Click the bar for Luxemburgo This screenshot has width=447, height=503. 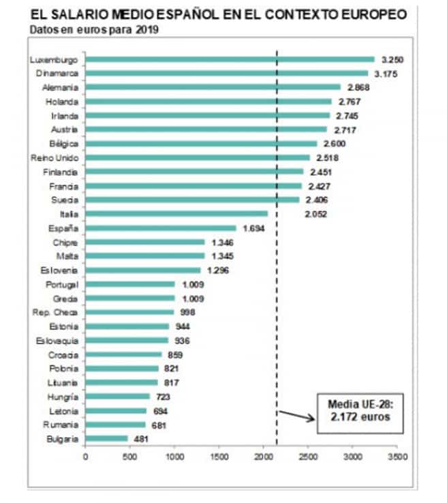point(230,59)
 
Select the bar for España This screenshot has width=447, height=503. point(161,228)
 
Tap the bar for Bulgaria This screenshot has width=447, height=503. point(106,438)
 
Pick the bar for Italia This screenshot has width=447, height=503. point(176,213)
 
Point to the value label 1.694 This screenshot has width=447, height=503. point(253,228)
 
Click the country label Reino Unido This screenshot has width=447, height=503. point(60,157)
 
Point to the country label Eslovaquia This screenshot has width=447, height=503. point(60,340)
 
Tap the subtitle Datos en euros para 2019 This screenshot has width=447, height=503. point(92,29)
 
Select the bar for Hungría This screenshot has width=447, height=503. point(118,396)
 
